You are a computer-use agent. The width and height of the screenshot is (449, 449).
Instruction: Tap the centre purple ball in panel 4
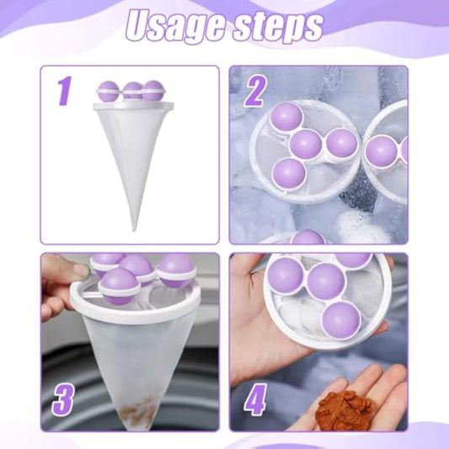pos(325,281)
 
